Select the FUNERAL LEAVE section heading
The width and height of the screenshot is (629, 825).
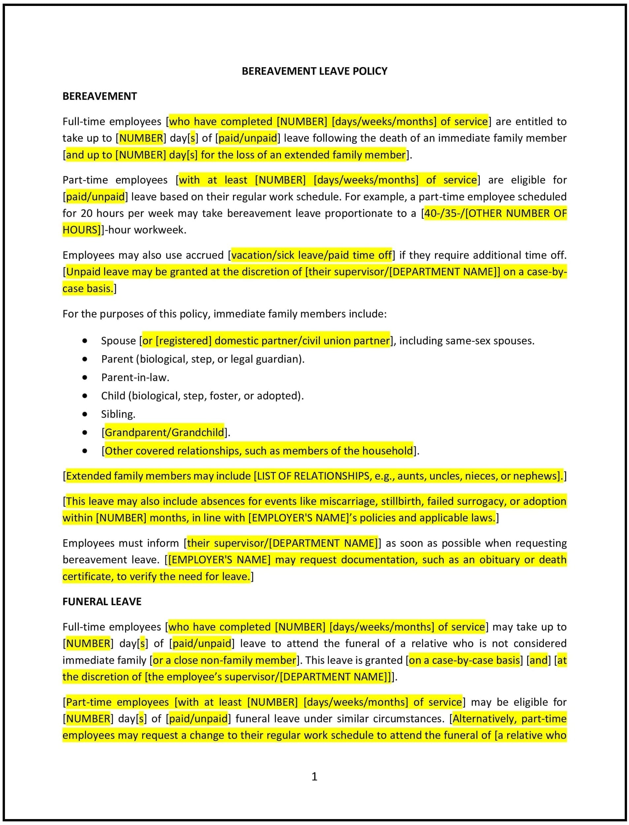click(x=102, y=601)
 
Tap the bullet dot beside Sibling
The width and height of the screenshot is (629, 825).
click(x=85, y=414)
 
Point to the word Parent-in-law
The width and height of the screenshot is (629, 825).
click(x=135, y=377)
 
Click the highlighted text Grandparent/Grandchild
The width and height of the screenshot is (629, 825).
click(x=164, y=432)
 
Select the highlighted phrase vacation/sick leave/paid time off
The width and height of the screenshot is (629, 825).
click(x=311, y=255)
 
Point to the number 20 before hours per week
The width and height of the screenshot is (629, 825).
click(x=86, y=213)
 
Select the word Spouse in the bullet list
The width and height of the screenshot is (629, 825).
click(x=118, y=341)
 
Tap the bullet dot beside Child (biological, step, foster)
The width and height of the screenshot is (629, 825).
click(x=85, y=396)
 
